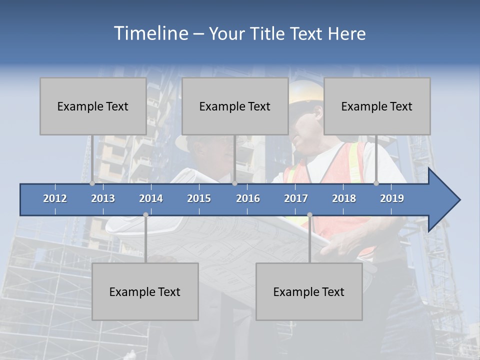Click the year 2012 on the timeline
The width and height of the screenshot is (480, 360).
55,198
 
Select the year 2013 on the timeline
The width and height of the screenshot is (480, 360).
103,198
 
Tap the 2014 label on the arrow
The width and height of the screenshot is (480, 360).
151,198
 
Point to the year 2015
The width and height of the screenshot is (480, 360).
199,198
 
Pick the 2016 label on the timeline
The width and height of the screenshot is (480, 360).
248,198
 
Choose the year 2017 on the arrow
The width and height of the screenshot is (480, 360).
296,198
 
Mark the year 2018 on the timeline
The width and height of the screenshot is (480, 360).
344,198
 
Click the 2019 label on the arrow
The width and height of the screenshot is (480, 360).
392,198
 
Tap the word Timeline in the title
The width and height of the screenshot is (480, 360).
150,33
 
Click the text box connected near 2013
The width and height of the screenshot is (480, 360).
93,106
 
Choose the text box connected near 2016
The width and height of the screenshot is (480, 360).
235,106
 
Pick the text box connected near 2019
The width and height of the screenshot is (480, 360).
377,106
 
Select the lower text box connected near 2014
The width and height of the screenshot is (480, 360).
145,291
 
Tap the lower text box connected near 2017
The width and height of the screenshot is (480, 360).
309,291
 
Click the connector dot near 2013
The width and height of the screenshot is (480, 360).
92,183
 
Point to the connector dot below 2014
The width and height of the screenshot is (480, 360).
145,215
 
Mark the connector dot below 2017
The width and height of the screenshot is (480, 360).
309,215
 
